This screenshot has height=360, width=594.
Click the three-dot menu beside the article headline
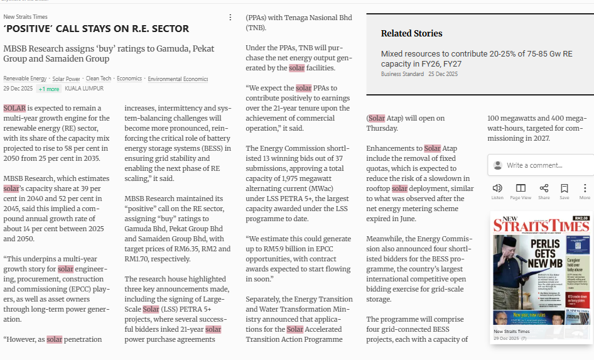[x=230, y=18]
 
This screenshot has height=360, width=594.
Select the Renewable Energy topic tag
[x=25, y=79]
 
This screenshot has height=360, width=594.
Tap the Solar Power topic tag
[x=66, y=79]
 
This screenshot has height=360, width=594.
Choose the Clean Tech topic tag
[x=99, y=79]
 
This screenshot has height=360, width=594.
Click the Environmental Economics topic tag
[x=178, y=79]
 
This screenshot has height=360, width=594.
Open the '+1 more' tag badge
[x=48, y=89]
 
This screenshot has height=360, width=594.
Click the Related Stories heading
[x=411, y=33]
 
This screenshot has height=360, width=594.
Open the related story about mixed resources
[x=476, y=58]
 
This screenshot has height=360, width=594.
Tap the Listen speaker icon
[x=497, y=188]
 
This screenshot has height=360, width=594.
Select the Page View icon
[x=521, y=188]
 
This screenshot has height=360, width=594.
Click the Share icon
[x=544, y=188]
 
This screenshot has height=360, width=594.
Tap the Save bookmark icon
[x=564, y=188]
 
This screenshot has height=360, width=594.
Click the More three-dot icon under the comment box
[x=585, y=188]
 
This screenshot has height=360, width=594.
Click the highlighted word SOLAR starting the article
[x=14, y=108]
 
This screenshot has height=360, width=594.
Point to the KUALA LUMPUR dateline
[x=84, y=89]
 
